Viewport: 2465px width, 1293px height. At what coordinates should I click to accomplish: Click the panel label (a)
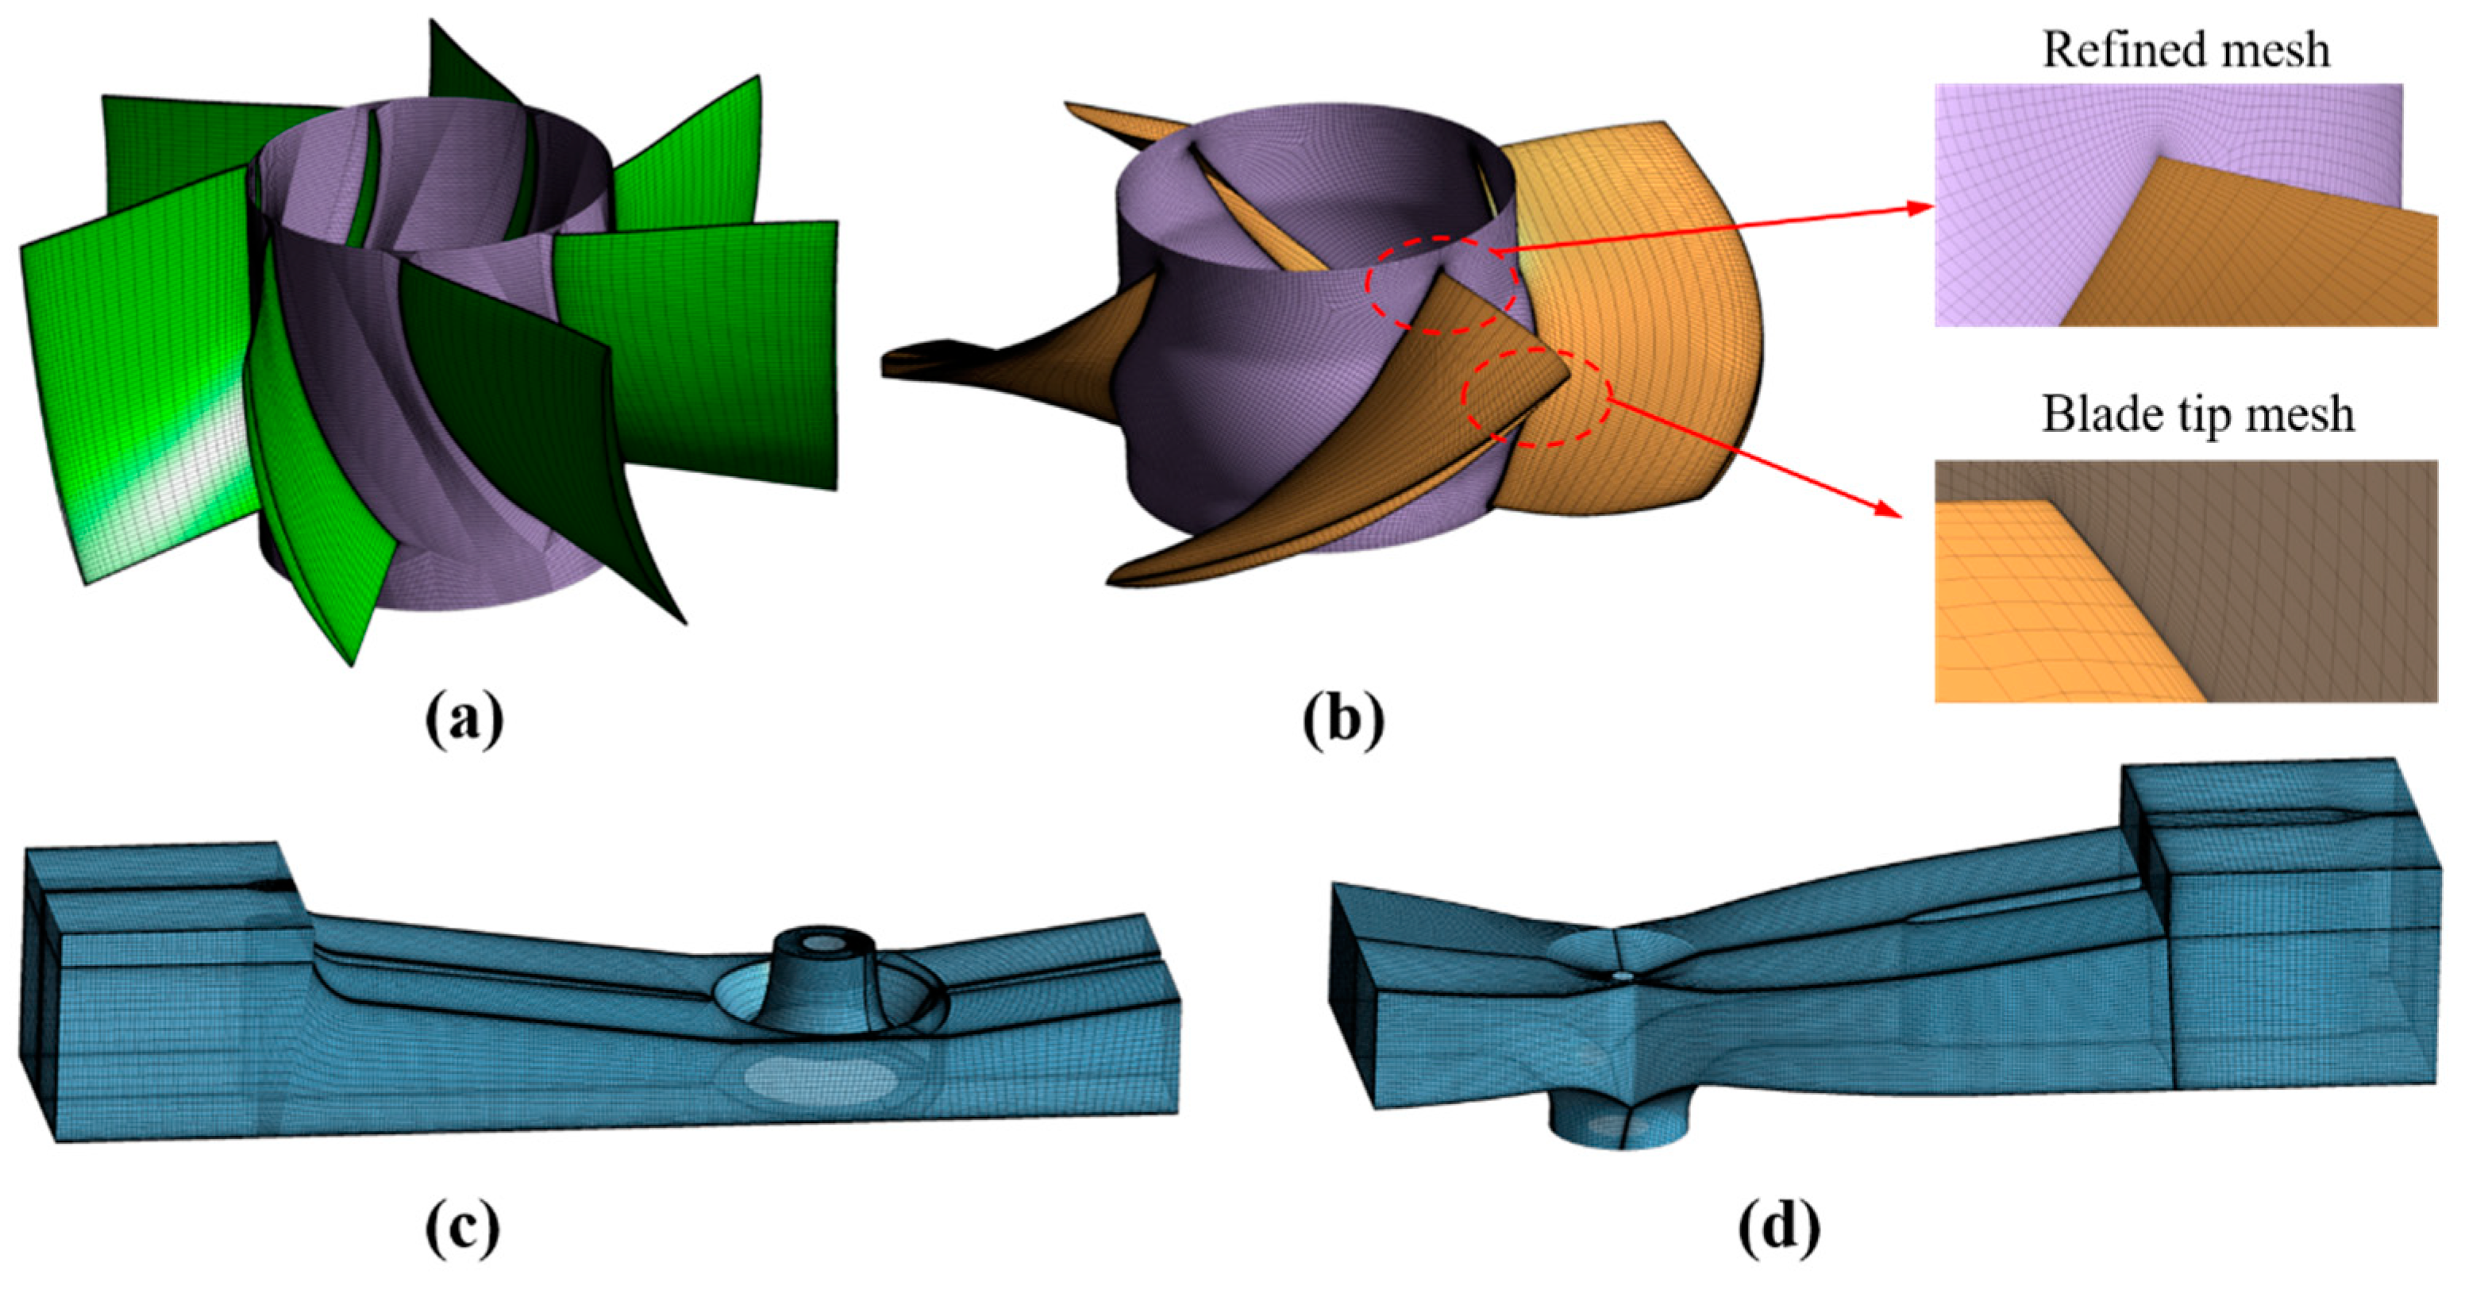464,722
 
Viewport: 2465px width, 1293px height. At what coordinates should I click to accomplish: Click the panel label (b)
1343,722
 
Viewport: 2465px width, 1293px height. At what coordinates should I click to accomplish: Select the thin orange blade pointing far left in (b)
986,359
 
